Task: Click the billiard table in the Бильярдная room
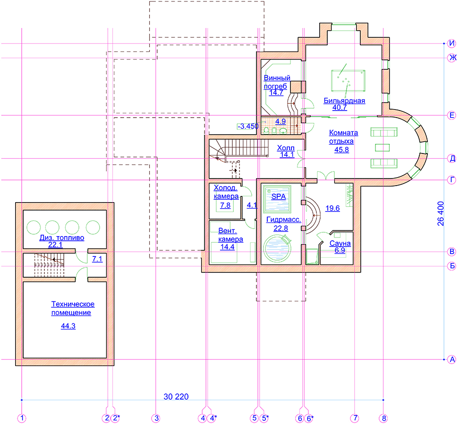348,81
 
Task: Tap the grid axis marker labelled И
452,43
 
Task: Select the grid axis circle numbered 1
22,418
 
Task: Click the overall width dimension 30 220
176,397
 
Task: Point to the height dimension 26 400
441,213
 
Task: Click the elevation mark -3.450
248,126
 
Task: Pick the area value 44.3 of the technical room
68,326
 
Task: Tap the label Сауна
340,243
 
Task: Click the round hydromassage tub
277,248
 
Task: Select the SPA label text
279,196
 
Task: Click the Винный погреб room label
277,82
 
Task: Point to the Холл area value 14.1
287,154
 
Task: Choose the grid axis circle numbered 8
384,418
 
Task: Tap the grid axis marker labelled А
452,359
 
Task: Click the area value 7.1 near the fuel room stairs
97,259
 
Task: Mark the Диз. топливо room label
62,238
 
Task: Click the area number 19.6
332,208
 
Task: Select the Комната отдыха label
343,137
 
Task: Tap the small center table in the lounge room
383,147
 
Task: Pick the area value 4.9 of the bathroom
280,121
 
